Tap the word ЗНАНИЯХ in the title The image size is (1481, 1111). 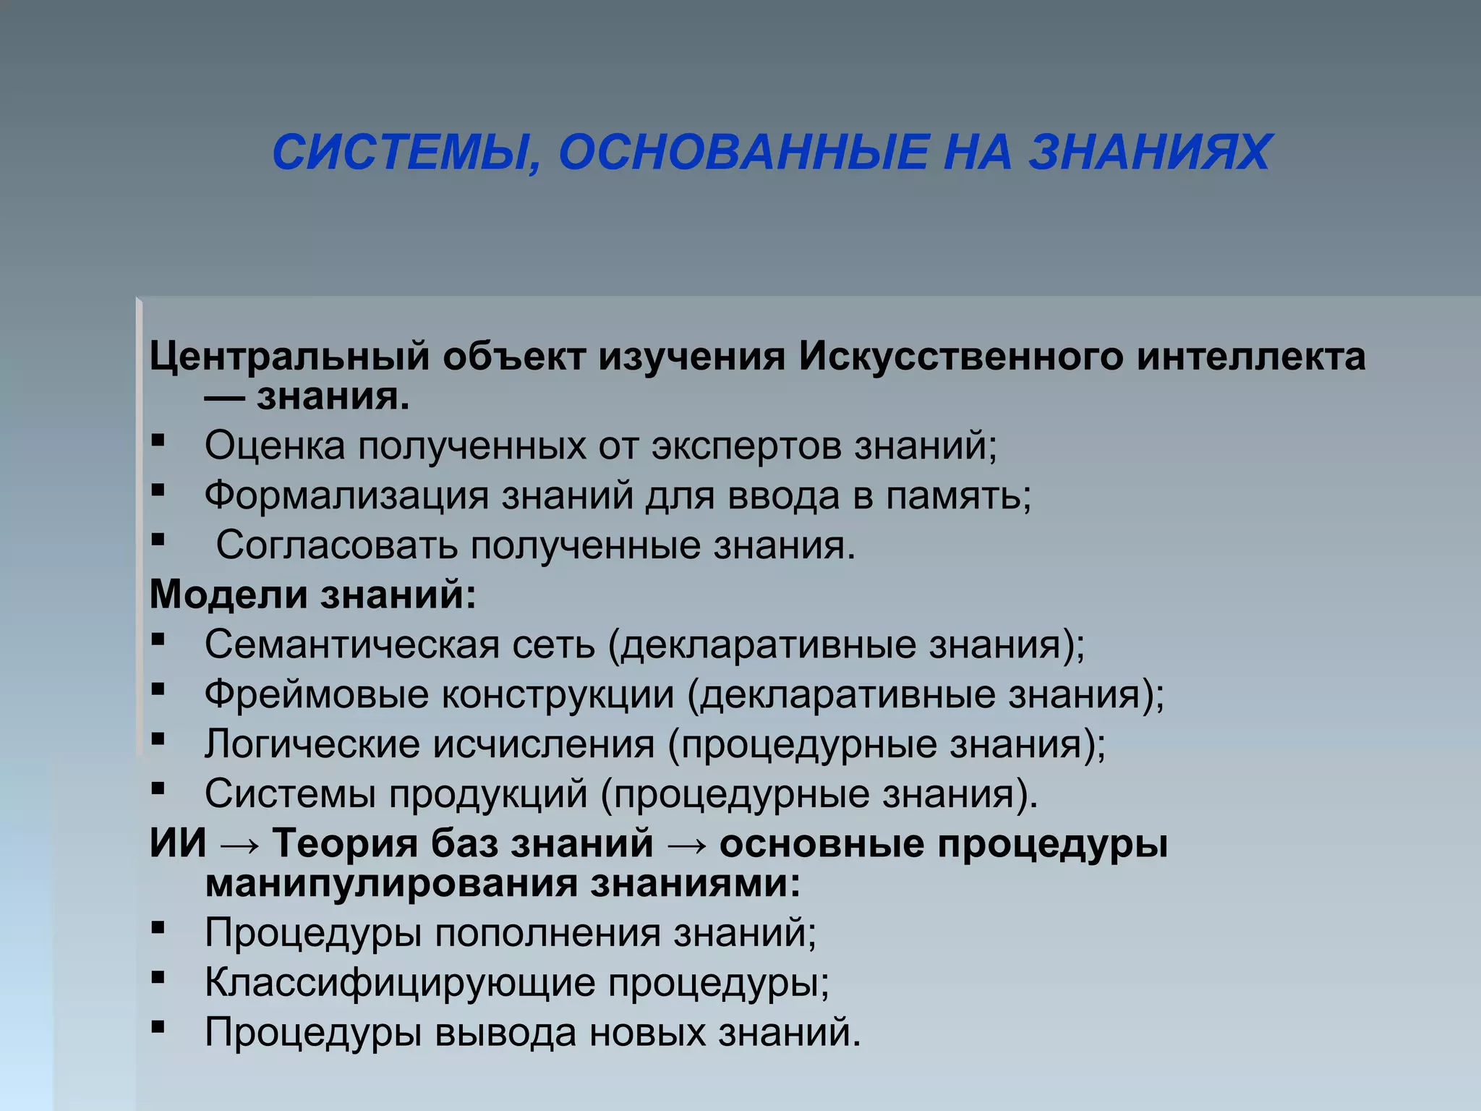(1150, 153)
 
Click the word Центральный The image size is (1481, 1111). (289, 357)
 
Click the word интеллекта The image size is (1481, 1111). (1251, 357)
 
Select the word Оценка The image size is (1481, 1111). (275, 446)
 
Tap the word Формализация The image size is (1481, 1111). (346, 496)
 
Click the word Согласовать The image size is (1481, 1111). (336, 545)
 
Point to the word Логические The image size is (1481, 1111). (312, 744)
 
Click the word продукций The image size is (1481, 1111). (489, 794)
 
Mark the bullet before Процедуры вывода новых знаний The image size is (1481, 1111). (158, 1026)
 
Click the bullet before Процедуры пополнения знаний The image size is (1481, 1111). (158, 927)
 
